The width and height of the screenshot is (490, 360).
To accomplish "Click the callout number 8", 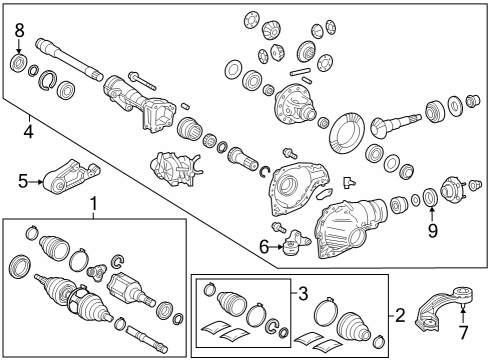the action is click(19, 31).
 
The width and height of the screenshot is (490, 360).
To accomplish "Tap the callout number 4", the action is click(29, 132).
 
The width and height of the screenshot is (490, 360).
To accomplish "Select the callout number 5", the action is click(23, 182).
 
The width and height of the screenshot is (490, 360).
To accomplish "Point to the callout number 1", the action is click(94, 203).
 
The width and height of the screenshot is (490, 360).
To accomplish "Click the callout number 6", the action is click(264, 247).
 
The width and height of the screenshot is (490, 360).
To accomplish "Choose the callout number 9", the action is click(432, 230).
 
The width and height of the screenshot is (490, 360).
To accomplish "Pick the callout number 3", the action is click(303, 294).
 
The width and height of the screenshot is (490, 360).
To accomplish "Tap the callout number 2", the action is click(400, 315).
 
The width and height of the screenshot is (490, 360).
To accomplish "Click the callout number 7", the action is click(463, 332).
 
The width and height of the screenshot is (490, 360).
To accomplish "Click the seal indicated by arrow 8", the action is click(18, 63).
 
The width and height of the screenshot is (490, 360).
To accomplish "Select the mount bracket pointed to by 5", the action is click(72, 176).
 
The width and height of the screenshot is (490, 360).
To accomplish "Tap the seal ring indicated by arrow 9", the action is click(430, 197).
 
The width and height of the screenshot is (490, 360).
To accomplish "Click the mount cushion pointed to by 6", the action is click(293, 243).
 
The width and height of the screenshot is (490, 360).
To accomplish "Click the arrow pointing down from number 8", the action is click(19, 46).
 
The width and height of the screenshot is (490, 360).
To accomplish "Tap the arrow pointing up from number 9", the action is click(432, 215).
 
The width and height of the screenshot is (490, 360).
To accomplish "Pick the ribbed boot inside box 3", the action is click(232, 303).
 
